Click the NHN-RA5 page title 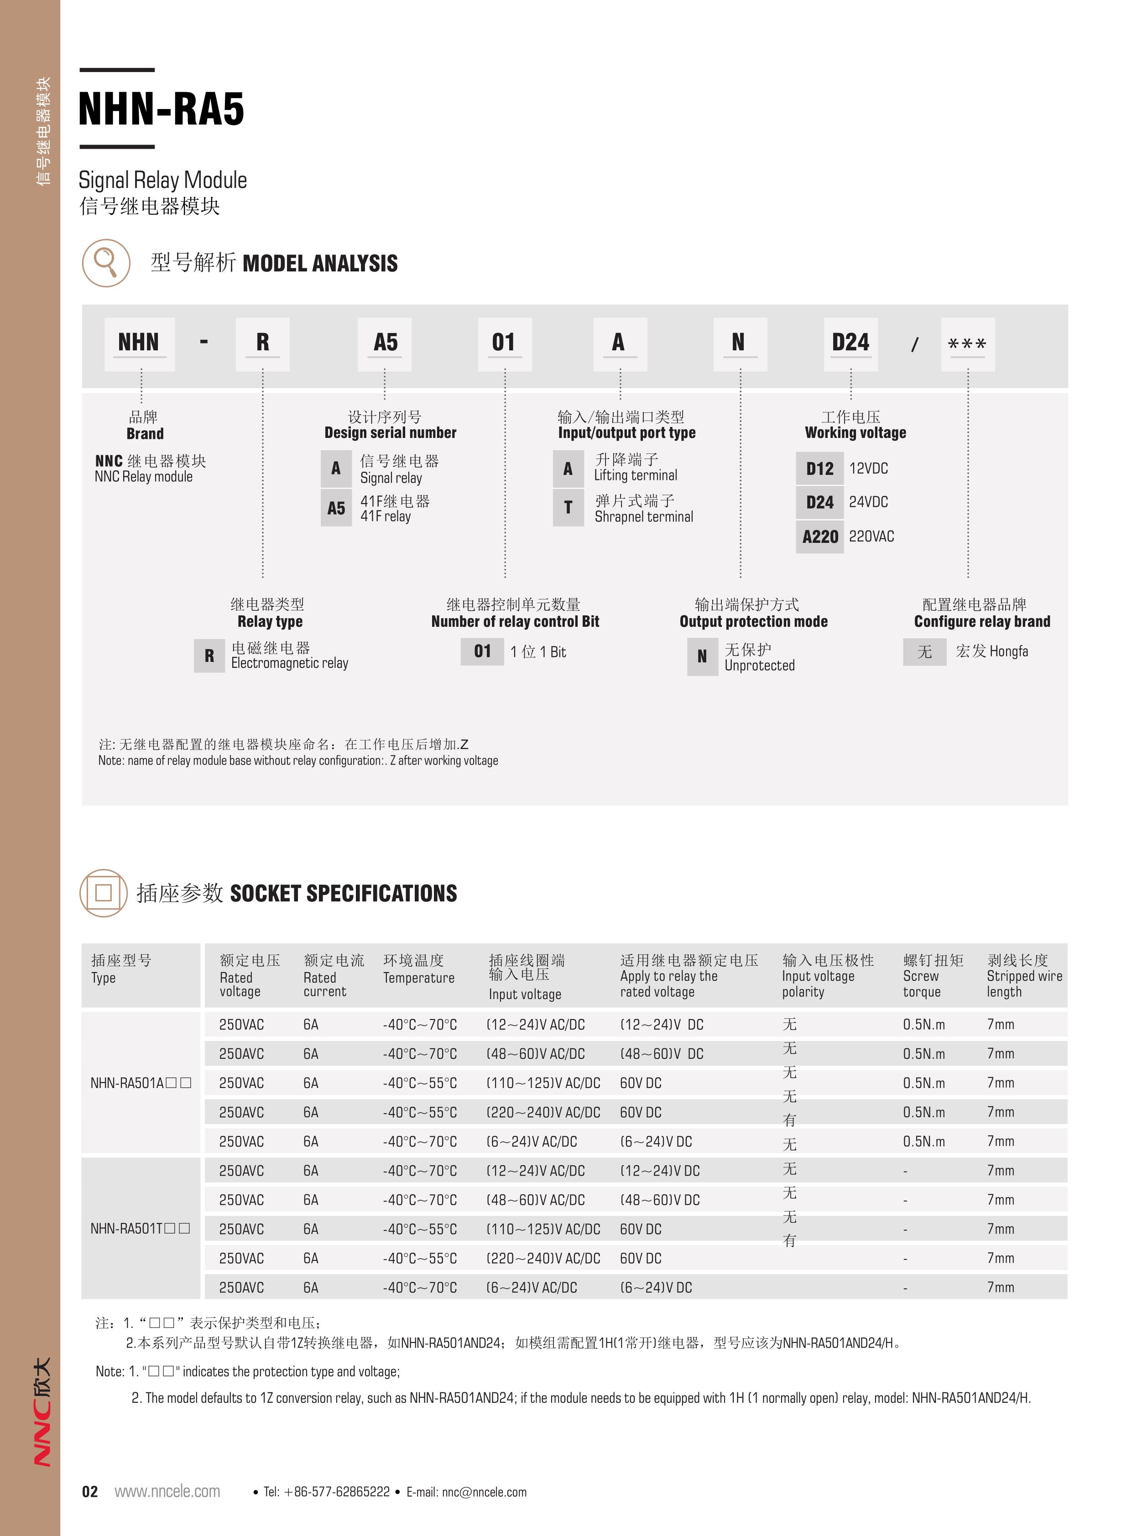click(x=161, y=109)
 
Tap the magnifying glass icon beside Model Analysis click(x=105, y=262)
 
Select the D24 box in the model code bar click(x=850, y=343)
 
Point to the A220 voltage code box click(x=819, y=536)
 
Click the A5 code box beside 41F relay click(x=336, y=508)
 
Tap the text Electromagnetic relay click(x=289, y=663)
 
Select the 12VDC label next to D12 click(x=868, y=469)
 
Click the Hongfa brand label click(x=991, y=651)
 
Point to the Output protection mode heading click(x=753, y=621)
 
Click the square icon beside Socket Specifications click(x=104, y=893)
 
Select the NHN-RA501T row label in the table click(x=140, y=1229)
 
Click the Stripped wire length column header click(x=1024, y=976)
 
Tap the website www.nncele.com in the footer click(x=167, y=1491)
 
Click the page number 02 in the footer click(x=90, y=1491)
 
